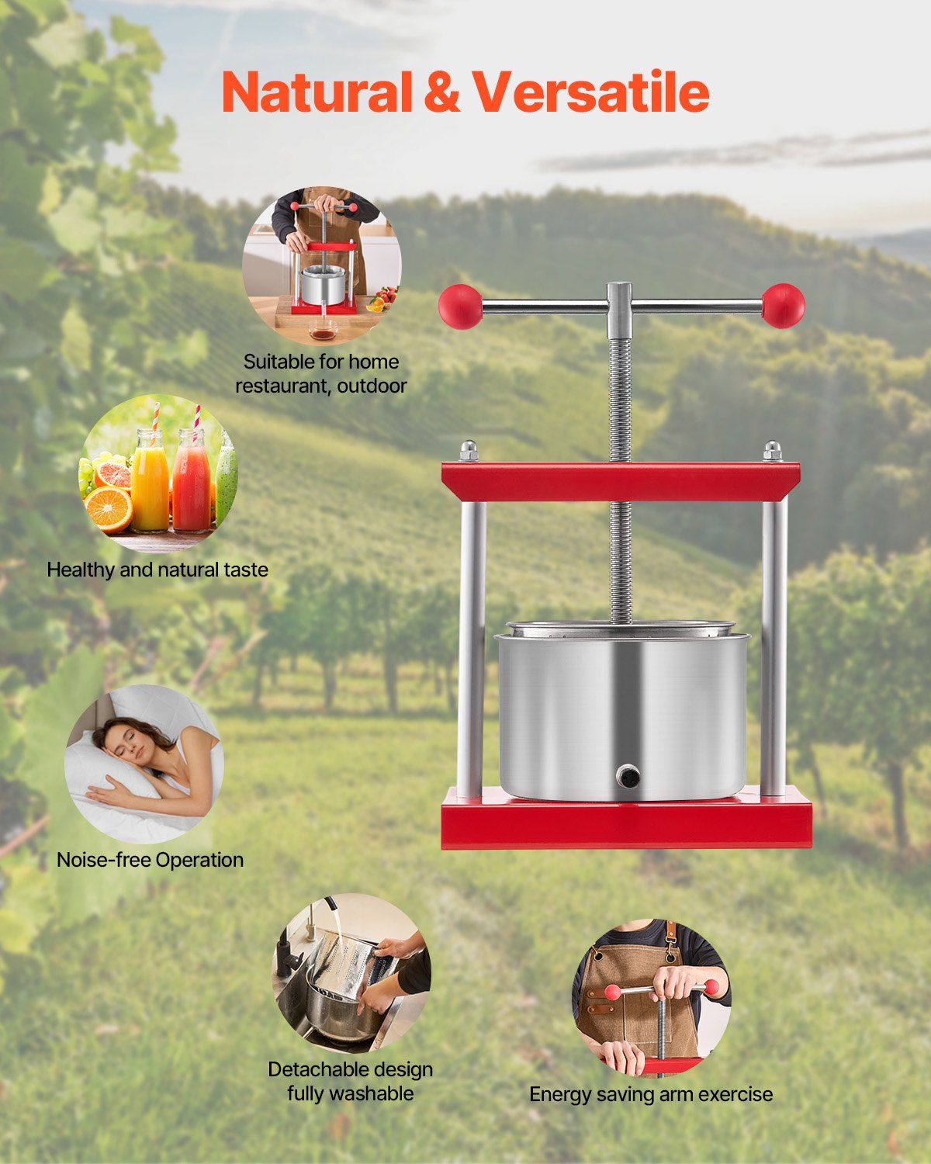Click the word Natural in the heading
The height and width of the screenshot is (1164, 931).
(x=317, y=93)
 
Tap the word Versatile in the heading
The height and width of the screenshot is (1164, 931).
(x=590, y=93)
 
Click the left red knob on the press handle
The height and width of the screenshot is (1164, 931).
(x=460, y=306)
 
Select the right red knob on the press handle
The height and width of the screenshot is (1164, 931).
(x=783, y=305)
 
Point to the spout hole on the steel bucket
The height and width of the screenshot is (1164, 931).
(x=627, y=775)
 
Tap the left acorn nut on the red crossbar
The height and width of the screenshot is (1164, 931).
(x=468, y=450)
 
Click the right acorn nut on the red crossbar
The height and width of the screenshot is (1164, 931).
(x=772, y=450)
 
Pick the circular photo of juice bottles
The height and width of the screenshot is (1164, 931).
(x=158, y=474)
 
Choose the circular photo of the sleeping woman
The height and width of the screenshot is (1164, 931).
(x=144, y=764)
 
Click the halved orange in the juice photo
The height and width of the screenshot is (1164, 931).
(x=109, y=508)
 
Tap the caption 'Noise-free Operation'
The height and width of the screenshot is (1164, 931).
(x=150, y=860)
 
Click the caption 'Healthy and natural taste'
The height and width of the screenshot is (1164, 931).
(x=157, y=570)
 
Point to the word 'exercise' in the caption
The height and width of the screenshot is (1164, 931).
(x=735, y=1094)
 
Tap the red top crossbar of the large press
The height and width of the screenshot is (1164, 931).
(x=621, y=482)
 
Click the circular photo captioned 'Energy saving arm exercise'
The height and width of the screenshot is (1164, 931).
(x=651, y=998)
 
